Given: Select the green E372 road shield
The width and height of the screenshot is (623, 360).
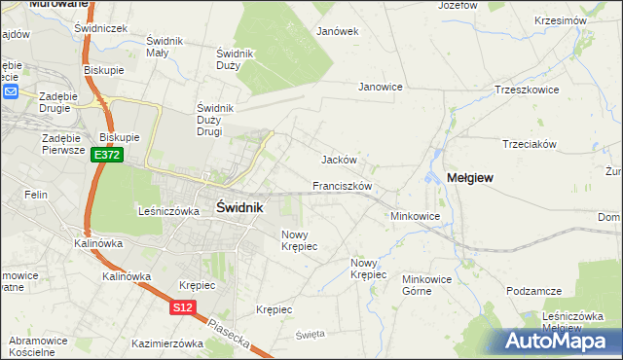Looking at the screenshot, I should click(x=107, y=155).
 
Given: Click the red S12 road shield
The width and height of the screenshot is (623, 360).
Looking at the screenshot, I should click(x=182, y=307).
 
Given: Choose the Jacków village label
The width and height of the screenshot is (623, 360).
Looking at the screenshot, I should click(x=340, y=160).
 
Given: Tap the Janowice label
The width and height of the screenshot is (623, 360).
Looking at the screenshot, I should click(x=381, y=87).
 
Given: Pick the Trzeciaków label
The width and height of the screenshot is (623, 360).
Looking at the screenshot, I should click(x=529, y=143).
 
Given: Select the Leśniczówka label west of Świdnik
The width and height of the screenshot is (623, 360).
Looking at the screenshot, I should click(x=168, y=210).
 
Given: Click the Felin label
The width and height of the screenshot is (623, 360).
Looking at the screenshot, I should click(x=37, y=195).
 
